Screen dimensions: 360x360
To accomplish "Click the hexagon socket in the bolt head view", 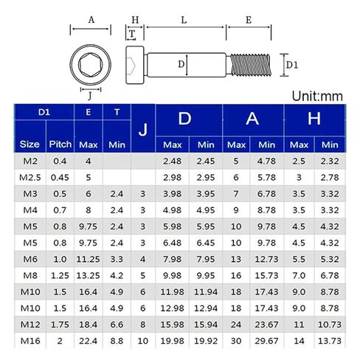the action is (x=90, y=65).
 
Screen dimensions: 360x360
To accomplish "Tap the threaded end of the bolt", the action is (x=251, y=65).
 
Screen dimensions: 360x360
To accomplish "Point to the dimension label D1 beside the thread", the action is (x=292, y=65).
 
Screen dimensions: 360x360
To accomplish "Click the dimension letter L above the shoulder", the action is (x=184, y=20).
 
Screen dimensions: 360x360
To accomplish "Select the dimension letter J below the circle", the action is (x=90, y=95).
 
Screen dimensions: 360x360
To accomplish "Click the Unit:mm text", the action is (x=317, y=96).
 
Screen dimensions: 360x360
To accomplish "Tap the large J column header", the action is (x=143, y=130).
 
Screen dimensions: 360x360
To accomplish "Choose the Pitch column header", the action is (x=60, y=145).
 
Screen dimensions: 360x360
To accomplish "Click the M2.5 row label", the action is (x=30, y=178).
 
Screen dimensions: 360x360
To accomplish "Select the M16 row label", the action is (x=30, y=341).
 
